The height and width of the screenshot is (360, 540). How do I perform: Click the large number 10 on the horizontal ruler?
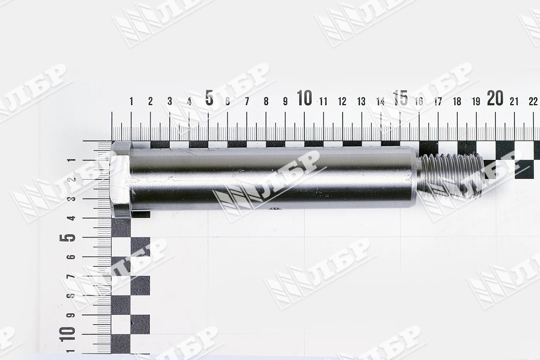[304, 98]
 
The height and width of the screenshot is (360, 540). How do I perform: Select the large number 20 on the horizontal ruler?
[495, 98]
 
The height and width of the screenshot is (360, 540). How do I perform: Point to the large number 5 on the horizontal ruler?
[209, 98]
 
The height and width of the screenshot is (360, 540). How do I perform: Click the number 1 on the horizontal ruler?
[132, 101]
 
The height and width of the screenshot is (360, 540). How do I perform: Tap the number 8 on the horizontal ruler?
[266, 101]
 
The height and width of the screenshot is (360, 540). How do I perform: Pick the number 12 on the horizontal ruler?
[342, 101]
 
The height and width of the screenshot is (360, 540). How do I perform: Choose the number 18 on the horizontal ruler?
[457, 101]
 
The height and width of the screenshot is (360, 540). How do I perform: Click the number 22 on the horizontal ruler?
[533, 101]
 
